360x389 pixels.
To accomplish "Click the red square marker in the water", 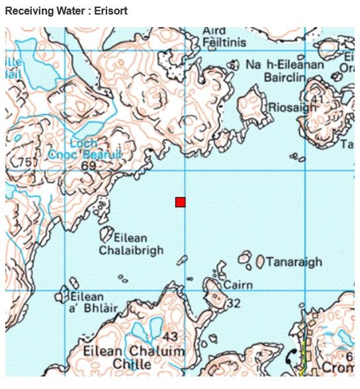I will click(180, 202).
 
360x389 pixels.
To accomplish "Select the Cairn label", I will click(238, 285).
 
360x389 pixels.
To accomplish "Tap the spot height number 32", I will click(232, 304).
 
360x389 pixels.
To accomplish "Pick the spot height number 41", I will click(318, 100).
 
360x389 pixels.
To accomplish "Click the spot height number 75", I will click(26, 163).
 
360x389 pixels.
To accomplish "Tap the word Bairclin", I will click(284, 77).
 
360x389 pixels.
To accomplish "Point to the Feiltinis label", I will click(225, 42).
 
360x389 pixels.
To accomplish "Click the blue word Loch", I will click(83, 143).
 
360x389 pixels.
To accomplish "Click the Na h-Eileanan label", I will click(285, 65).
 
